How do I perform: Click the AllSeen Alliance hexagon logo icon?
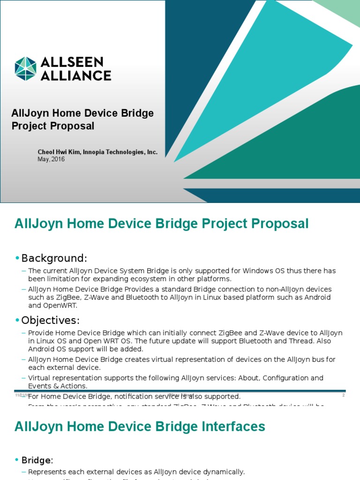[x=25, y=68]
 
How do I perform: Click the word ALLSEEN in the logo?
[x=72, y=62]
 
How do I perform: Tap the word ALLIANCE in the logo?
[x=76, y=75]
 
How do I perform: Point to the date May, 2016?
[x=51, y=159]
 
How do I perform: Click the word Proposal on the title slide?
[x=74, y=126]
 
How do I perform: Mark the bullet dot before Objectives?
[x=17, y=321]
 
